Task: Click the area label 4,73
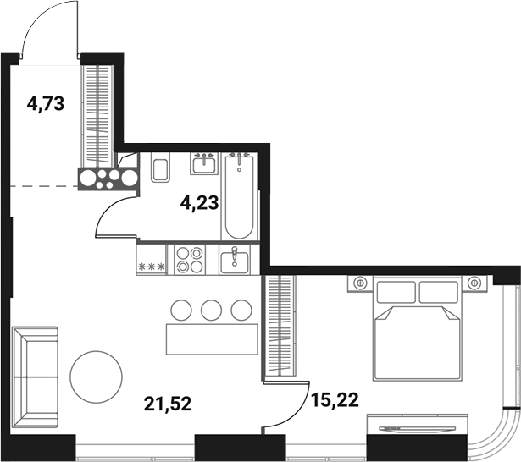(x=46, y=105)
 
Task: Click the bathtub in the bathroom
(x=238, y=196)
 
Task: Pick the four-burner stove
(x=188, y=259)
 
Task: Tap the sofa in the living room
(x=35, y=371)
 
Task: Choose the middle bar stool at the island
(x=212, y=310)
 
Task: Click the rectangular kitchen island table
(x=211, y=338)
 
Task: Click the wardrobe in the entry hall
(x=97, y=114)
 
